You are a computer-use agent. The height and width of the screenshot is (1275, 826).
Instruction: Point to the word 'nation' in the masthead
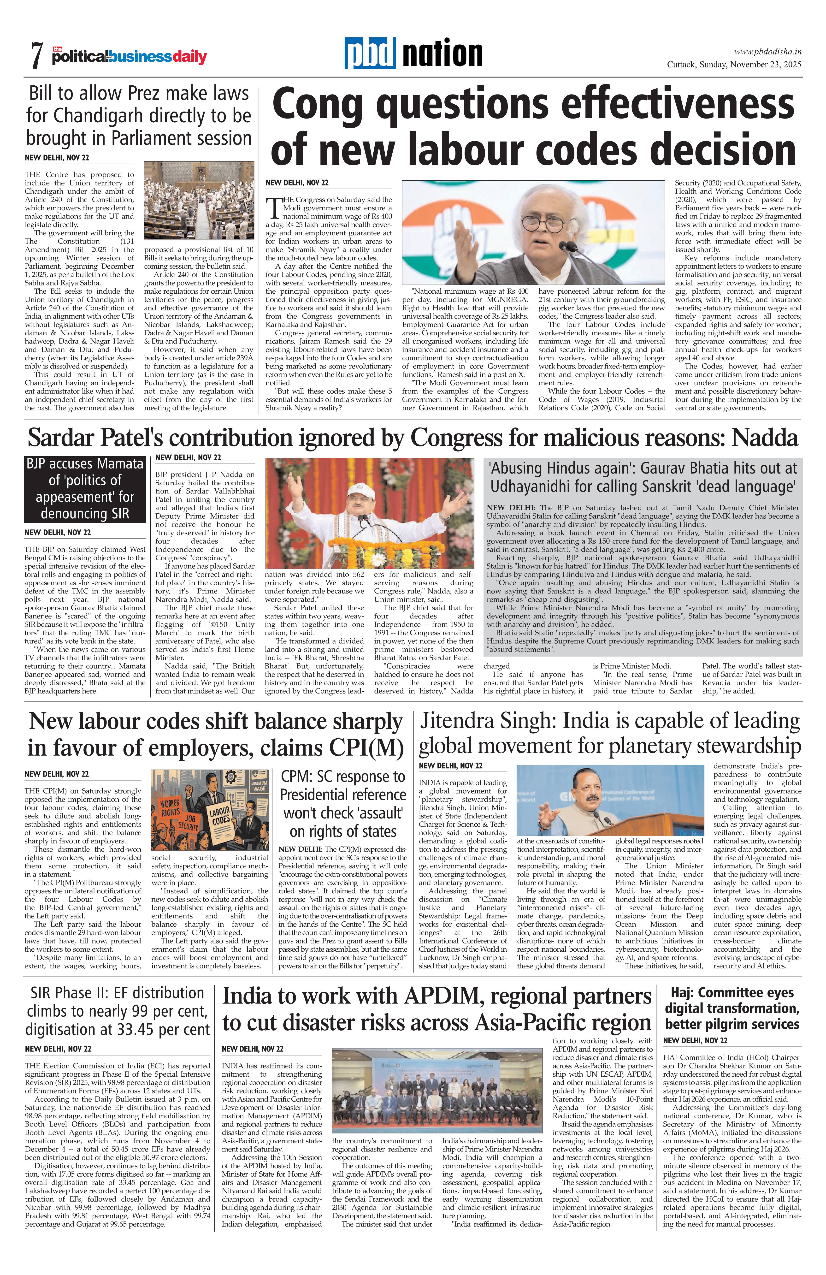click(x=442, y=54)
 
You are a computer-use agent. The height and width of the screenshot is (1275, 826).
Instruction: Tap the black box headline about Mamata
click(x=85, y=489)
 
